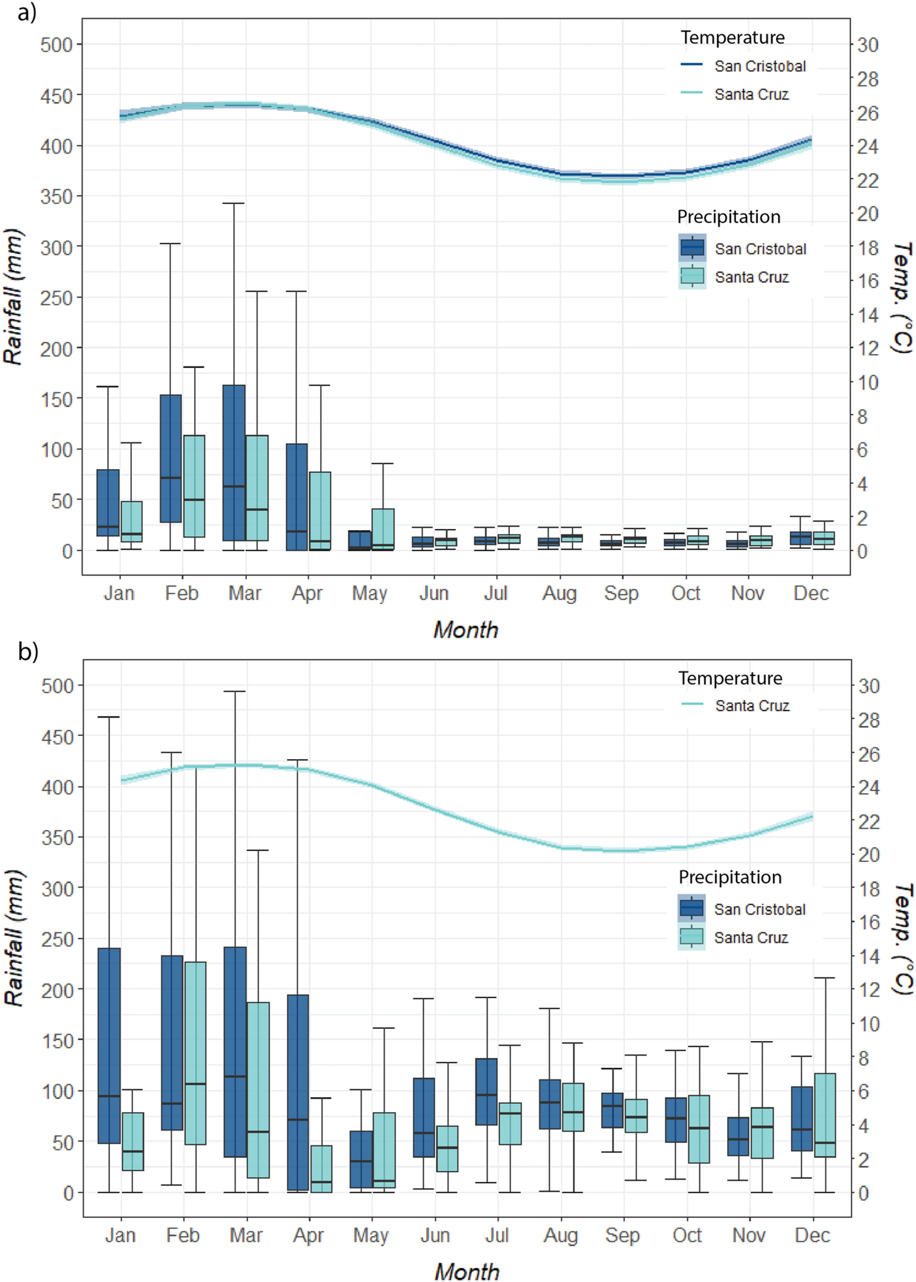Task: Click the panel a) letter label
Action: click(x=26, y=12)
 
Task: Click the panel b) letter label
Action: click(x=27, y=652)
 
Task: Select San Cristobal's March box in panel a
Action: click(x=233, y=463)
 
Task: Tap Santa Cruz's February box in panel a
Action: click(x=194, y=486)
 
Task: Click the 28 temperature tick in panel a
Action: click(x=868, y=80)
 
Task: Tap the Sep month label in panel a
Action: click(x=622, y=593)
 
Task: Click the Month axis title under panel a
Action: click(x=466, y=630)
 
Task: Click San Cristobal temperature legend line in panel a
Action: click(x=691, y=65)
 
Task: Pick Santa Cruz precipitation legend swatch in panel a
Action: click(x=692, y=276)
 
